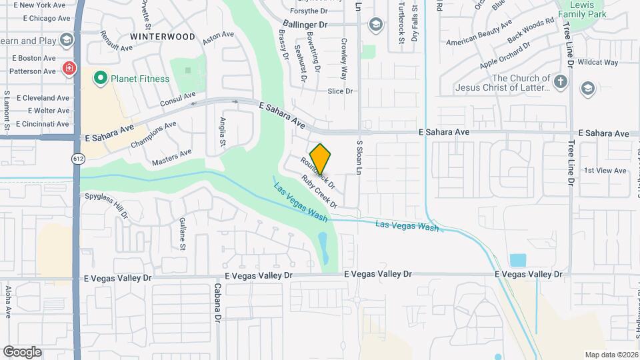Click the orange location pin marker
pos(320,159)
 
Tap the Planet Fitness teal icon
pos(101,79)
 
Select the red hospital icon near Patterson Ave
pos(68,69)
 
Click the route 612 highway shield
pos(79,158)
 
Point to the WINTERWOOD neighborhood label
pos(163,36)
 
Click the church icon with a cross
pos(561,82)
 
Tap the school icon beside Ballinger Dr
pos(375,25)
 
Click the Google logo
pos(22,352)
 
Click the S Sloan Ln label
pos(359,157)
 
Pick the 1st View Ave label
pos(605,171)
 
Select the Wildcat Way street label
pos(598,63)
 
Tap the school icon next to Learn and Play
pos(65,40)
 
